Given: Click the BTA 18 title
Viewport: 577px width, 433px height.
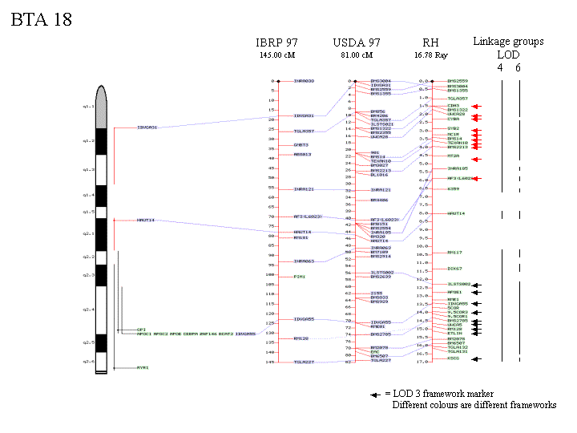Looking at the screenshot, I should pyautogui.click(x=41, y=20).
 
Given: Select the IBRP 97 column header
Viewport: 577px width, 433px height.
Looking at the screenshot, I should pyautogui.click(x=276, y=42).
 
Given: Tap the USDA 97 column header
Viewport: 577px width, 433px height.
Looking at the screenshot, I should pyautogui.click(x=357, y=42).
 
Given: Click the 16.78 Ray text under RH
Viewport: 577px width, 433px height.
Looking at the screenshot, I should pyautogui.click(x=430, y=55).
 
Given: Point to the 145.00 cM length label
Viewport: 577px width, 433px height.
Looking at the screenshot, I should pyautogui.click(x=276, y=55).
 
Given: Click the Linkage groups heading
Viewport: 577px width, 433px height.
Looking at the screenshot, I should pyautogui.click(x=508, y=42).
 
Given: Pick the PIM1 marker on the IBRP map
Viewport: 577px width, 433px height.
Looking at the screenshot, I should pyautogui.click(x=299, y=277).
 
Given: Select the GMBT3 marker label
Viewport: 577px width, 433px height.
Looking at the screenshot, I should pyautogui.click(x=301, y=145).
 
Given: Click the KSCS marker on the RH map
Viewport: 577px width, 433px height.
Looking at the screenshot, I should pyautogui.click(x=453, y=360).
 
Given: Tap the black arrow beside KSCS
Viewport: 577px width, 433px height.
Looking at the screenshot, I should pyautogui.click(x=476, y=360).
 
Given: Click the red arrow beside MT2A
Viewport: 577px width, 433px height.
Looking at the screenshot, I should pyautogui.click(x=476, y=159).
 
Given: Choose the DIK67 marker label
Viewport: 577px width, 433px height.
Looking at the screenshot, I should pyautogui.click(x=454, y=269).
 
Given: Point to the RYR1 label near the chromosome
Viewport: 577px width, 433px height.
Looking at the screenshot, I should pyautogui.click(x=142, y=368).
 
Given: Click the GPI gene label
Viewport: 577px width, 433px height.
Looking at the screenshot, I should pyautogui.click(x=141, y=329).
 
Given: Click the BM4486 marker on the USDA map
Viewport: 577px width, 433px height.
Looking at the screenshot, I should pyautogui.click(x=379, y=200).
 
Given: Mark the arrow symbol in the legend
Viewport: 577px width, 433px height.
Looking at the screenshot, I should pyautogui.click(x=374, y=394).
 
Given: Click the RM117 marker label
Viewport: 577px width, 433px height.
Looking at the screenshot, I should pyautogui.click(x=454, y=253).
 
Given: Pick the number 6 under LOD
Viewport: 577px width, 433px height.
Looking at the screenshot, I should pyautogui.click(x=518, y=67).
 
